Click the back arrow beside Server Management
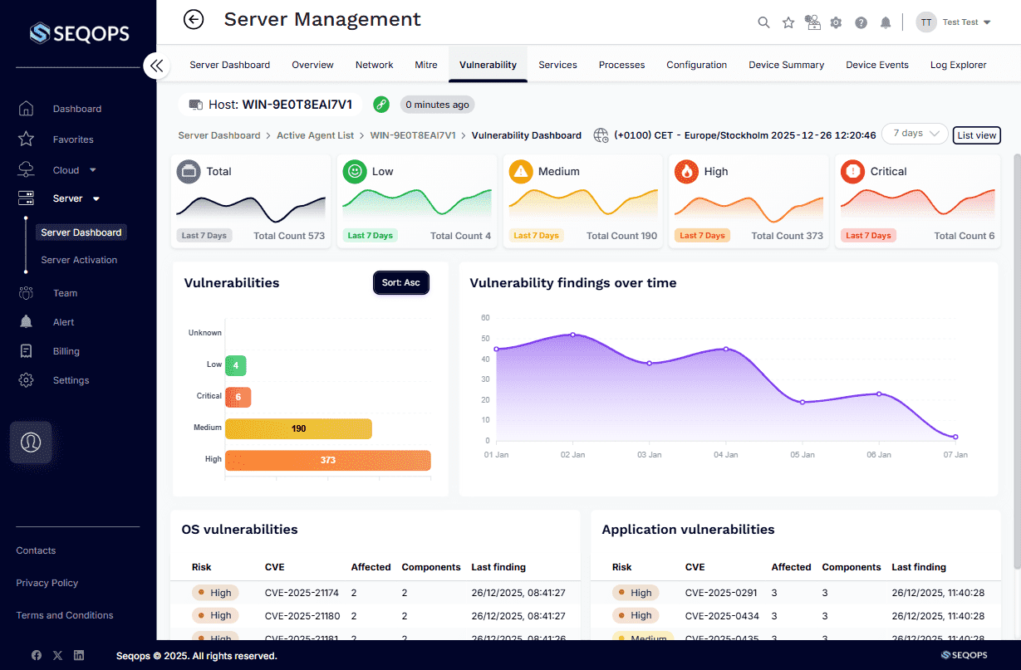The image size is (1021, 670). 194,19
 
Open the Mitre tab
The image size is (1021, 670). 426,65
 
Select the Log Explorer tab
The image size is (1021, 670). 958,65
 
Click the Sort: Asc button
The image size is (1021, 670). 400,283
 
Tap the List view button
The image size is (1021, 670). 976,135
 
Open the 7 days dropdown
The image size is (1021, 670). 915,134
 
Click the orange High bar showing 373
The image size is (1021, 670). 327,460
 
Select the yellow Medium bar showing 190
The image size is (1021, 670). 298,428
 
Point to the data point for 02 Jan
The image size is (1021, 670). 572,335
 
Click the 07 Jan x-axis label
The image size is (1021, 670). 955,455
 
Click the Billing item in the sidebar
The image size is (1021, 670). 66,351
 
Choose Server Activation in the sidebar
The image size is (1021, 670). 79,260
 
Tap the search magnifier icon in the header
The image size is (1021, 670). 763,22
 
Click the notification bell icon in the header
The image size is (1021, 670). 886,22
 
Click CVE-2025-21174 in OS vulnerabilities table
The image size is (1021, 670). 301,593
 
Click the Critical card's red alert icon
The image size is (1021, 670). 852,172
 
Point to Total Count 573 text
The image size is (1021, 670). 289,236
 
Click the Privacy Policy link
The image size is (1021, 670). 47,583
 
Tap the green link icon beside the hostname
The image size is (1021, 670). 381,105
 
